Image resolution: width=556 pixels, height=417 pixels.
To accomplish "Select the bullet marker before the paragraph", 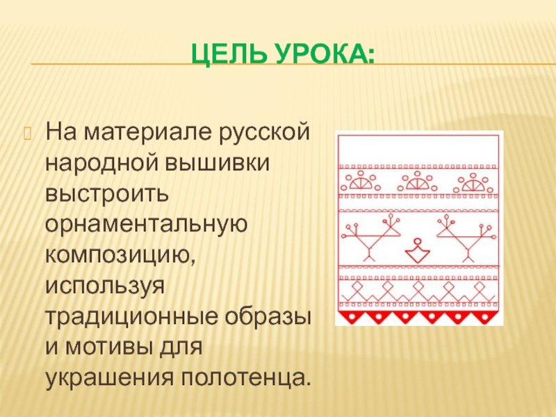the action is point(28,133).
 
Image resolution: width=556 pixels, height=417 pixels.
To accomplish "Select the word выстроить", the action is point(107,195).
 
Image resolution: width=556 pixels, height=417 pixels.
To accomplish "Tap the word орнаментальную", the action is point(146,224).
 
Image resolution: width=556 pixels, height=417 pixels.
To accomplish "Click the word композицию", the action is point(120,256).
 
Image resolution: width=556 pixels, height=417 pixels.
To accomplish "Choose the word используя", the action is point(105,286).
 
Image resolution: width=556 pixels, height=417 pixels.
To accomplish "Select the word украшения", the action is point(110,378).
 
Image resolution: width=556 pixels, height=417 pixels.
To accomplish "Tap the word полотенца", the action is point(244,377).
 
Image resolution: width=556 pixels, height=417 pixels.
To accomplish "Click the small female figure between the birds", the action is point(418,250).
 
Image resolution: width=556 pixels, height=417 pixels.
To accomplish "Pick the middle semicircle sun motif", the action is point(417,181).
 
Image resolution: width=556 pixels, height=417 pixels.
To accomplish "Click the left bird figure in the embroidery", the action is point(371,237).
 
